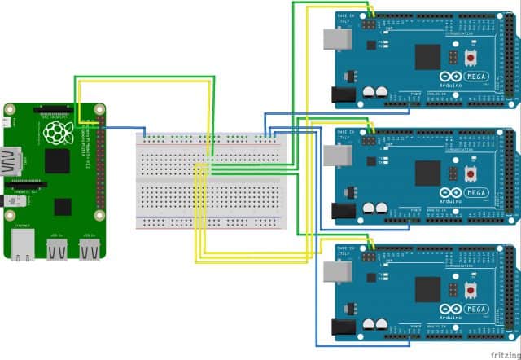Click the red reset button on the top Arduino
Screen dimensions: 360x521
[471, 59]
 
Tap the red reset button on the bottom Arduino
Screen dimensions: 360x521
[471, 290]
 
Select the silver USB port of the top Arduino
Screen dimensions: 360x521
[335, 39]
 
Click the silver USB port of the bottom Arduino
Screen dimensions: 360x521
[335, 271]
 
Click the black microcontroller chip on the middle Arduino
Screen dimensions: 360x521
[427, 173]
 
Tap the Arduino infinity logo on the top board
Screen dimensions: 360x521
[453, 78]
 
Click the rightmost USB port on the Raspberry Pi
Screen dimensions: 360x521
[89, 248]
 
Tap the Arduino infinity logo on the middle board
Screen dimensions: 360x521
[453, 194]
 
